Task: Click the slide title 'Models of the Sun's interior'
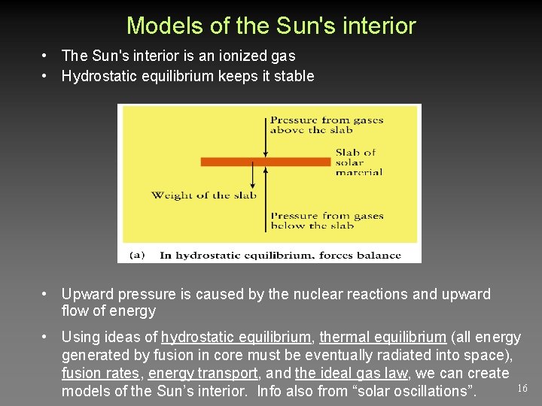click(x=271, y=26)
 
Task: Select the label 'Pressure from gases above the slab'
click(x=326, y=125)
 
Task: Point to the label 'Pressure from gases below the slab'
click(x=326, y=220)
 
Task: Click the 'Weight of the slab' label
click(x=203, y=195)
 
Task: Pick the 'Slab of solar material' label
click(x=358, y=162)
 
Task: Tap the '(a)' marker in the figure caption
click(x=137, y=255)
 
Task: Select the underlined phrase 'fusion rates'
click(x=100, y=373)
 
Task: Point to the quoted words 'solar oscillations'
click(x=406, y=391)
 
